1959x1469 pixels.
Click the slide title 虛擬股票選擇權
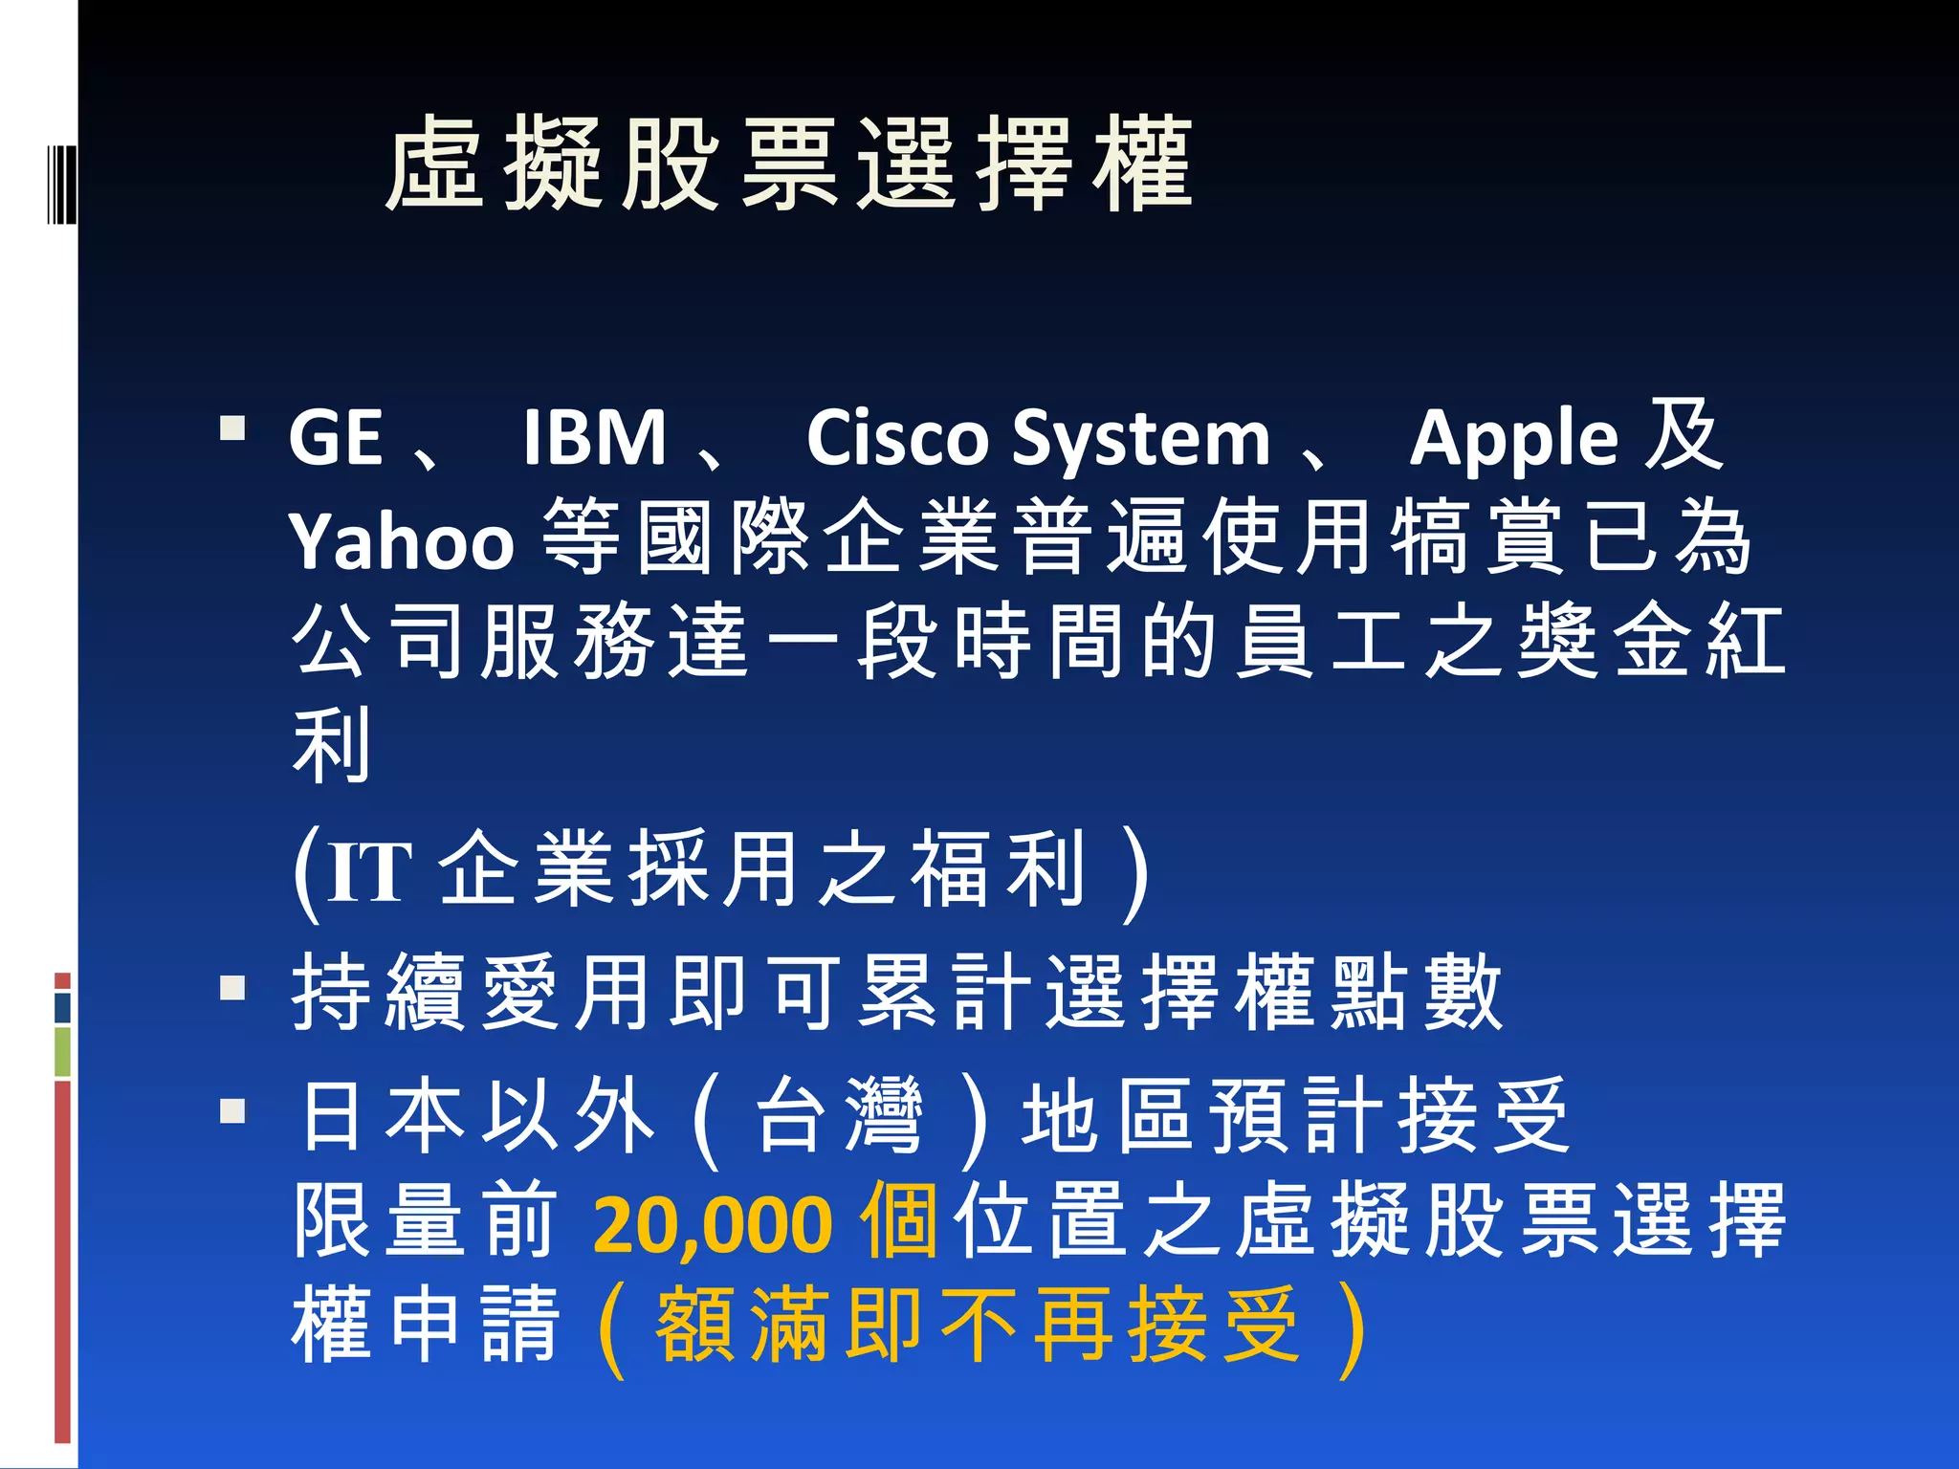789,164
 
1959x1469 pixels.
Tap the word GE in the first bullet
336,438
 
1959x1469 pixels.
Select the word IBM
594,438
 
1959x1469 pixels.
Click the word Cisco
896,438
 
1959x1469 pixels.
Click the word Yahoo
402,541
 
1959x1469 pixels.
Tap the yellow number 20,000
713,1223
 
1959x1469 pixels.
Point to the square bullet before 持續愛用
232,987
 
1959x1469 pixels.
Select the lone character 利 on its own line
331,745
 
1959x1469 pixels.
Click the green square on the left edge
62,1051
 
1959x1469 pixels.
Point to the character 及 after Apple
1683,436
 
